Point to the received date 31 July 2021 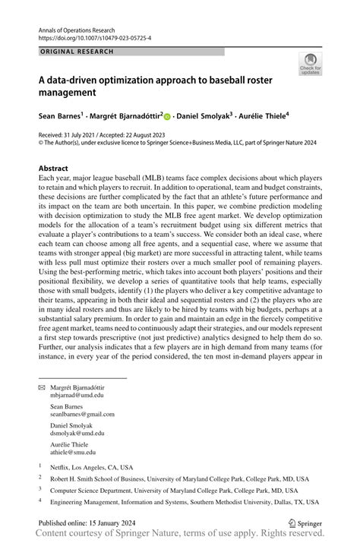click(x=87, y=134)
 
